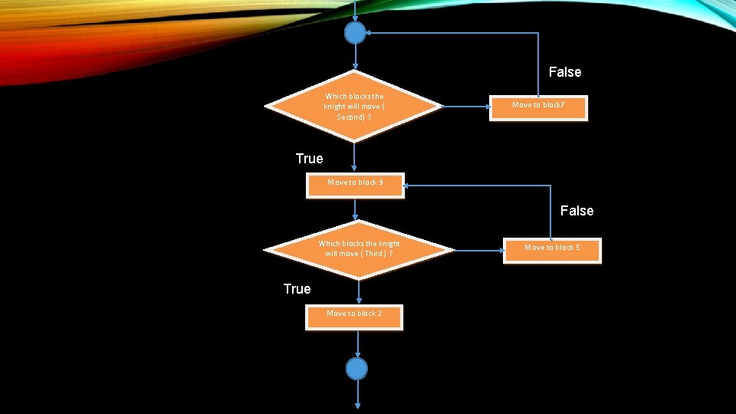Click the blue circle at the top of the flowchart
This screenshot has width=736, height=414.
tap(355, 33)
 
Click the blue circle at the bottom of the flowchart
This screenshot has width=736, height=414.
tap(356, 369)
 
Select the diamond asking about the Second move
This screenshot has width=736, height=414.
tap(354, 107)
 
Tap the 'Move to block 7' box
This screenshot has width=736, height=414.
tap(538, 108)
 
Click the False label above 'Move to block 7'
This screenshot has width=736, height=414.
tap(565, 72)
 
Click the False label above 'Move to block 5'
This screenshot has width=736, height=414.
tap(577, 210)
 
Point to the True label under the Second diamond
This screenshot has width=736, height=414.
tap(309, 159)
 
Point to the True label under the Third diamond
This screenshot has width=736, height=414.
tap(297, 289)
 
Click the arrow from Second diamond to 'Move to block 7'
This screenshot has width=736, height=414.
tap(465, 107)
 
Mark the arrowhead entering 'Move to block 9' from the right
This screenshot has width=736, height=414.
tap(408, 185)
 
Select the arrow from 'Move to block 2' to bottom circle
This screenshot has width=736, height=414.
tap(357, 343)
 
